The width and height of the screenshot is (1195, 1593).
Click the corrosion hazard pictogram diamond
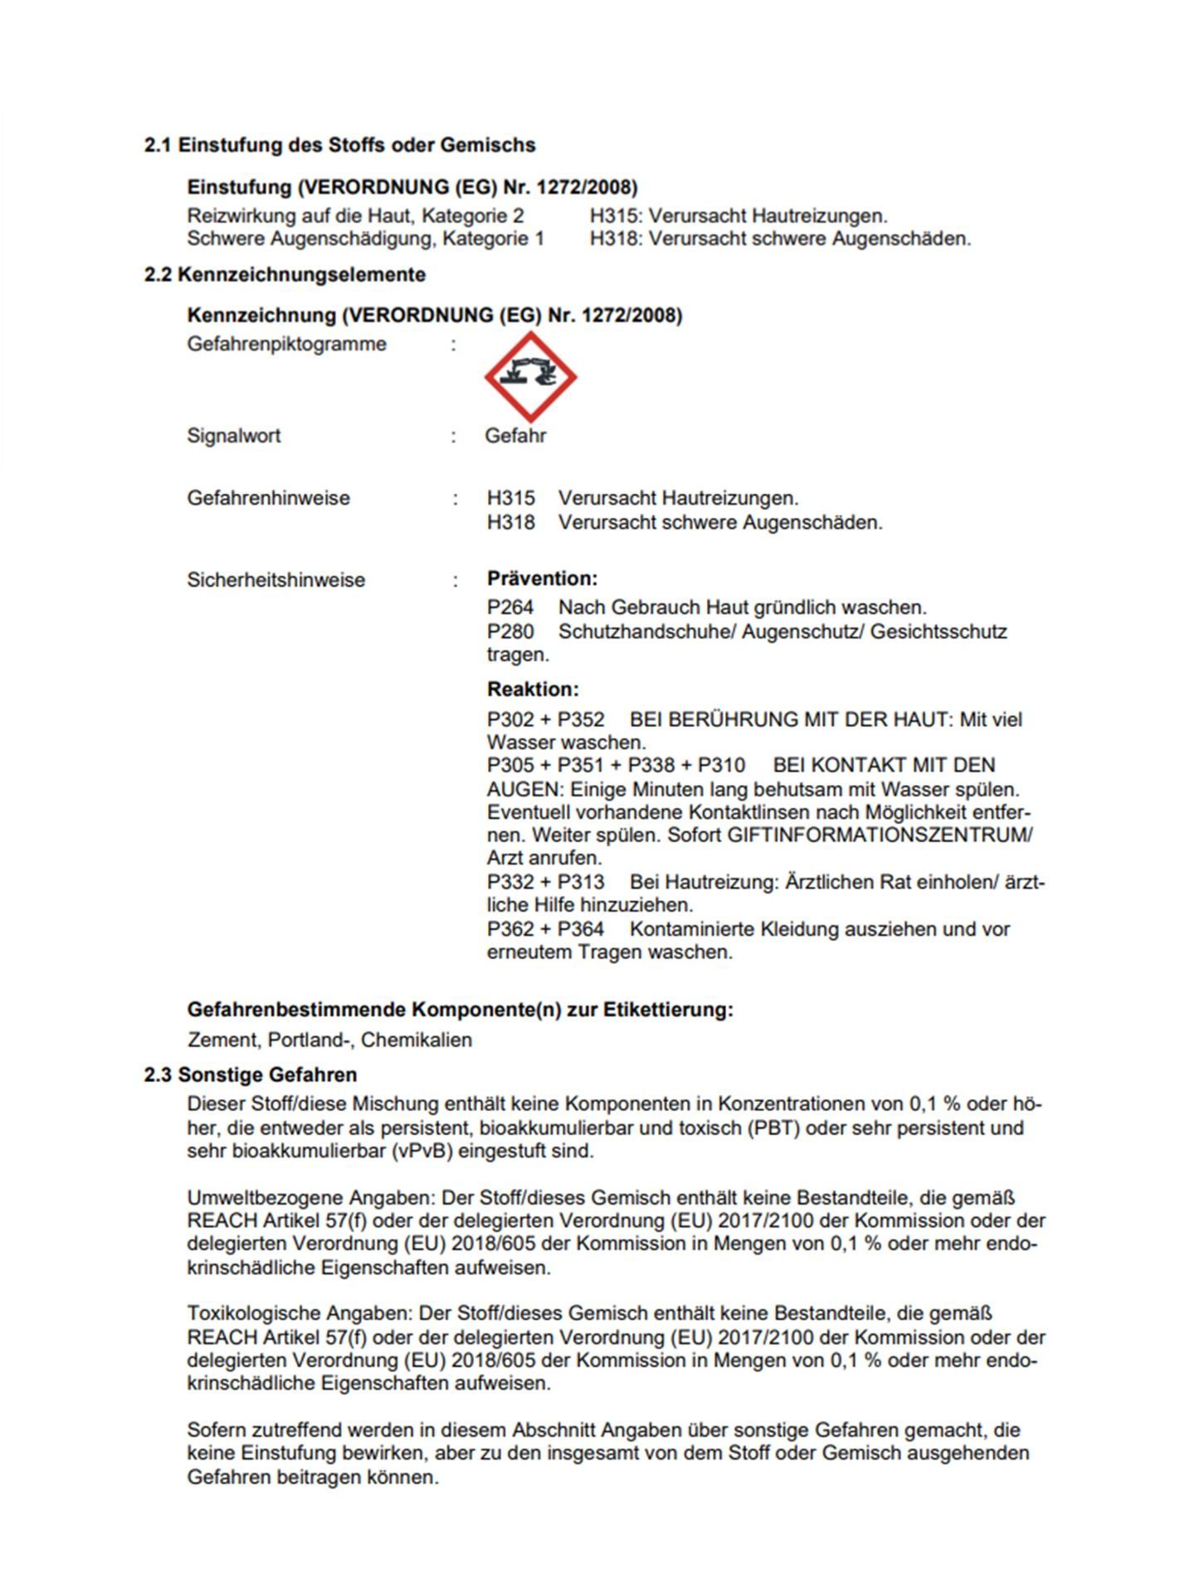click(x=530, y=377)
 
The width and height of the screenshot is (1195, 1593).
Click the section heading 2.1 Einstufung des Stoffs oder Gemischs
click(x=339, y=145)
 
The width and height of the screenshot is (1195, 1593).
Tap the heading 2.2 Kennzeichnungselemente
click(x=285, y=275)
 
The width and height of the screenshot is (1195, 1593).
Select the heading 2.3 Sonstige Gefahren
click(x=250, y=1074)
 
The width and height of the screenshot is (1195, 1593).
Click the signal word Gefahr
click(x=515, y=436)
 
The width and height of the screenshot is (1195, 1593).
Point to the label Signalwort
click(x=234, y=436)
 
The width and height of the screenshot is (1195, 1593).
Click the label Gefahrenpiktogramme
click(x=286, y=343)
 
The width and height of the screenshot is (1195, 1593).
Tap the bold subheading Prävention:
click(x=542, y=578)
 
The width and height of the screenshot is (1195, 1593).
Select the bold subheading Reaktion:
click(x=533, y=689)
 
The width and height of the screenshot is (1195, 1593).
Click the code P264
click(x=510, y=607)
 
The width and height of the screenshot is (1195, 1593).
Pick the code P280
click(x=510, y=631)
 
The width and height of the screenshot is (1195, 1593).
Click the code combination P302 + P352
click(x=545, y=719)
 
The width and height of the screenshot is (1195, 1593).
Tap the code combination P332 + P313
click(x=545, y=881)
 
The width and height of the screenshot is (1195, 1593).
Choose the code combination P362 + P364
click(x=545, y=928)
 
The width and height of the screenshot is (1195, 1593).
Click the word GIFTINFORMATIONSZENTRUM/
click(x=880, y=835)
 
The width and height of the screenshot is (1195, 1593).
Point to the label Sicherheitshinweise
click(x=276, y=580)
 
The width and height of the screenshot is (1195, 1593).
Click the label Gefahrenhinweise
click(x=268, y=498)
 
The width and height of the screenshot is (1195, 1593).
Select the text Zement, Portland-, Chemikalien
click(x=329, y=1040)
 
